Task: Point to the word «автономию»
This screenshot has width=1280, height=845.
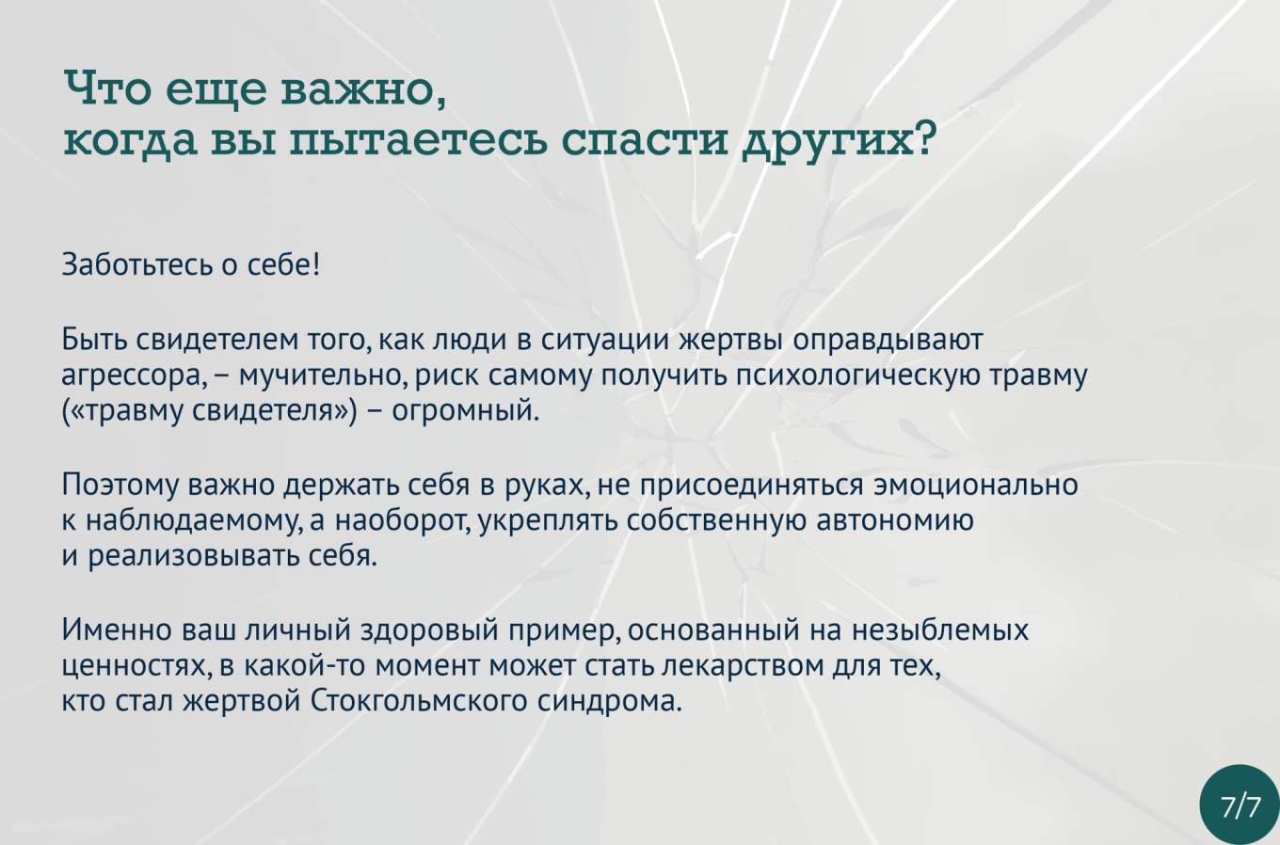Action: (x=895, y=520)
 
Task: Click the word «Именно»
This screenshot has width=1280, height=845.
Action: (x=117, y=630)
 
